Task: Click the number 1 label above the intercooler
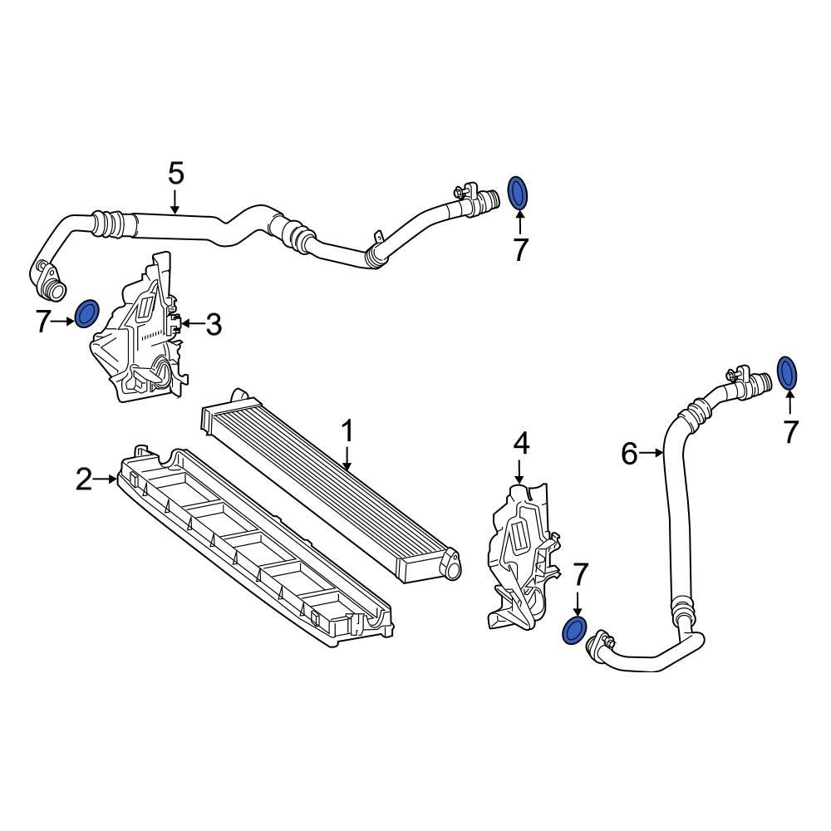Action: pos(348,431)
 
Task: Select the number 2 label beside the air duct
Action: pos(84,479)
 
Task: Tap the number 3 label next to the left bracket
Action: pos(214,324)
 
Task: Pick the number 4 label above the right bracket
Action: pos(520,444)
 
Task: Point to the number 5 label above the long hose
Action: pos(175,174)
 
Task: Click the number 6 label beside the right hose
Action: pos(629,454)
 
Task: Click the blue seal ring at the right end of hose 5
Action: pos(518,193)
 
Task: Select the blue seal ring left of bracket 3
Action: pos(87,314)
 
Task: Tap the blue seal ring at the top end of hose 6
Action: pos(788,372)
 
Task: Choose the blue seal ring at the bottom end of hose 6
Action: pos(573,630)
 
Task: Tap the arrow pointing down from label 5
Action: pos(175,201)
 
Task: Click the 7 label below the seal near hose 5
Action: pos(520,249)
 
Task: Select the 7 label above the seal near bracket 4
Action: pos(580,573)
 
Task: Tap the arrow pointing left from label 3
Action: pos(191,323)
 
